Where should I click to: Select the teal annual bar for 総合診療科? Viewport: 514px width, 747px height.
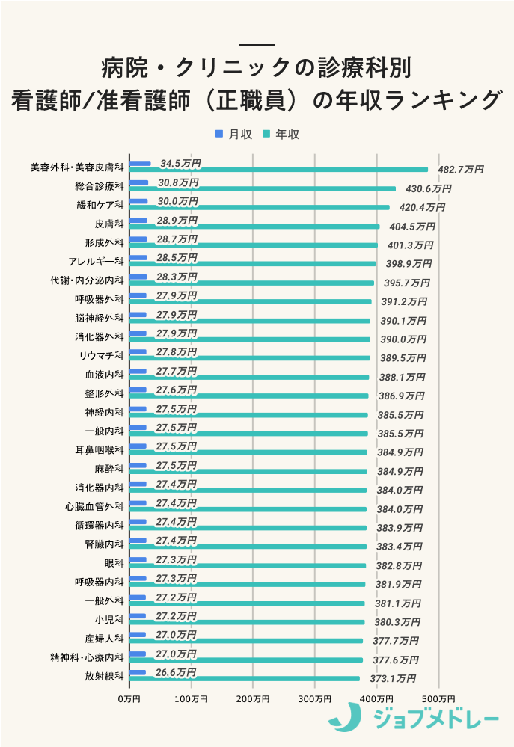coord(262,188)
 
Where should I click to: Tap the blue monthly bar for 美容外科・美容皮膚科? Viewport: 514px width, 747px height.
coord(140,163)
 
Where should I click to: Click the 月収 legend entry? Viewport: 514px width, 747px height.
coord(234,135)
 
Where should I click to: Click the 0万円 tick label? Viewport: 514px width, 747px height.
coord(129,698)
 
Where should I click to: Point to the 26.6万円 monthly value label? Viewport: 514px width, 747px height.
coord(176,672)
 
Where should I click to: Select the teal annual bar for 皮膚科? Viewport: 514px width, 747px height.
coord(254,227)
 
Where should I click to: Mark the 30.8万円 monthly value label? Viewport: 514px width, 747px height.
coord(178,182)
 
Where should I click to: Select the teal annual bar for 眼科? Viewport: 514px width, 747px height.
coord(248,566)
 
